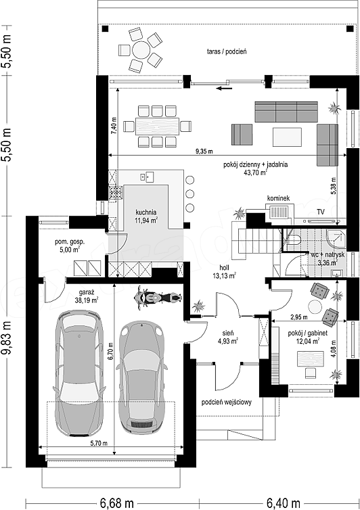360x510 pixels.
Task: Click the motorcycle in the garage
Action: coord(158,298)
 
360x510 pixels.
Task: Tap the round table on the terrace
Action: coord(141,50)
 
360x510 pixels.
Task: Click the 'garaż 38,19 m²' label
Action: coord(86,296)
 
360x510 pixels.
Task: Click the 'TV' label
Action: coord(321,212)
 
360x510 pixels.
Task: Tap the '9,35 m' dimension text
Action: coord(204,152)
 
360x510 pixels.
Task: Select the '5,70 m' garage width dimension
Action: coord(99,442)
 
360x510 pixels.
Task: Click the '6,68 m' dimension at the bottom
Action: coord(117,503)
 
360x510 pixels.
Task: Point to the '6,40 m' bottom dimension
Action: coord(283,503)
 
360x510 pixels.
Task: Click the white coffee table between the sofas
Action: coord(287,137)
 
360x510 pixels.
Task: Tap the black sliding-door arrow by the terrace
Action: coord(225,87)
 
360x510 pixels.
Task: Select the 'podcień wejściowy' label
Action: coord(226,402)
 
